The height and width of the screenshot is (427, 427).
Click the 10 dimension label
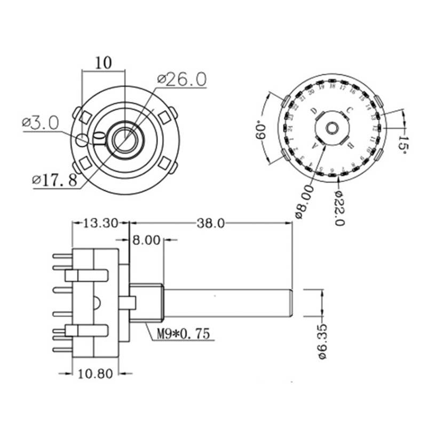[x=103, y=62]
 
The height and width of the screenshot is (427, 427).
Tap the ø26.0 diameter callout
[x=181, y=80]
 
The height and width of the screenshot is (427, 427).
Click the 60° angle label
[x=261, y=130]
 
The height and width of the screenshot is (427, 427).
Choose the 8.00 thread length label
[x=146, y=241]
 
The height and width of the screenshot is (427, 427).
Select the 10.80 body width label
[x=95, y=374]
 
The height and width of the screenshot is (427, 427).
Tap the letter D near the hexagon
[x=315, y=112]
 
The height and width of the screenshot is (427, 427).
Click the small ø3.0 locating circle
[x=82, y=140]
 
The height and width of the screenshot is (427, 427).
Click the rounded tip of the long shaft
[x=290, y=303]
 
